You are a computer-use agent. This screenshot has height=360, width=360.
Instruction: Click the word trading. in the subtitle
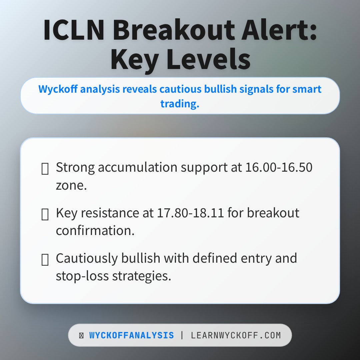point(180,104)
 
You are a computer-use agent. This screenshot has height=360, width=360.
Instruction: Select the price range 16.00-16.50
point(279,167)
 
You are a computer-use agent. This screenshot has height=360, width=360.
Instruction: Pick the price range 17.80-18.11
point(190,213)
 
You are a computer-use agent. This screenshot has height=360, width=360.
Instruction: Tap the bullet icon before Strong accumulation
point(45,169)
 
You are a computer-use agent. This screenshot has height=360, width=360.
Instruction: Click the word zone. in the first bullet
point(71,185)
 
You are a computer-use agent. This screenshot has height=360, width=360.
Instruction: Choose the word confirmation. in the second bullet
point(95,231)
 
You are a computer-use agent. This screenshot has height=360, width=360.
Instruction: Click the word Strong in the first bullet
point(75,167)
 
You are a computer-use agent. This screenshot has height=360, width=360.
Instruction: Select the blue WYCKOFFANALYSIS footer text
point(131,335)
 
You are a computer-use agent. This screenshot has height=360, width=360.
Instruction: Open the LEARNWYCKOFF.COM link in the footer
point(236,335)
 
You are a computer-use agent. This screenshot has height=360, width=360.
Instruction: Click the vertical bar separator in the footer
point(182,335)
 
